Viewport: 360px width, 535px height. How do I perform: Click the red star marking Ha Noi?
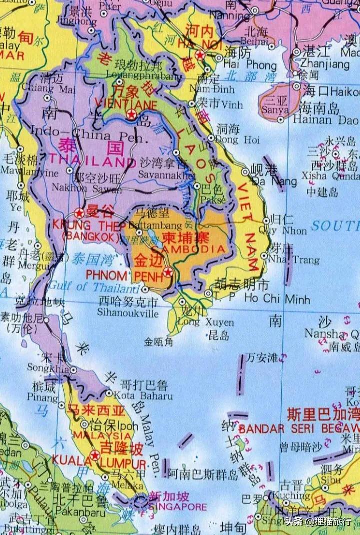click(200, 55)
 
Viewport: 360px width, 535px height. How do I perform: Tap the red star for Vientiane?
click(131, 115)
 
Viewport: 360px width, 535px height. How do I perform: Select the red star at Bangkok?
click(79, 212)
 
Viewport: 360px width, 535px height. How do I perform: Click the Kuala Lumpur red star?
click(95, 455)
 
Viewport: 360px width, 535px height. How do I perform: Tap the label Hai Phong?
click(249, 66)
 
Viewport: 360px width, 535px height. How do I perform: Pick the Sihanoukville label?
click(129, 314)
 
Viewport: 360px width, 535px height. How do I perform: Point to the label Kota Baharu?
click(147, 396)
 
